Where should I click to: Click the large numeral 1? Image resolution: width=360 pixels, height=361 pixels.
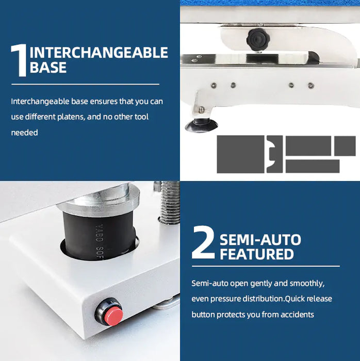[x=19, y=60]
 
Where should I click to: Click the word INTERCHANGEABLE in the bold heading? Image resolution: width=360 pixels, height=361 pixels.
[x=99, y=53]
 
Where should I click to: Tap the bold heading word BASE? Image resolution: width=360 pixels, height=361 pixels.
[x=48, y=68]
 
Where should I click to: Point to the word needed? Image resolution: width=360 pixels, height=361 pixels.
[x=24, y=133]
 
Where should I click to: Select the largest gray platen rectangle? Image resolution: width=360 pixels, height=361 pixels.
[x=240, y=154]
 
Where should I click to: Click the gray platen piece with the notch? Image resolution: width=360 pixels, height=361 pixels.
[x=274, y=154]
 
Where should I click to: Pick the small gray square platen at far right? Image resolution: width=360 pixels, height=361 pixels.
[x=345, y=145]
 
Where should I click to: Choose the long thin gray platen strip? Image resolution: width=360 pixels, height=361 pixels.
[x=312, y=166]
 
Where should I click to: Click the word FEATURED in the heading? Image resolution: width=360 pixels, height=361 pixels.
[x=256, y=254]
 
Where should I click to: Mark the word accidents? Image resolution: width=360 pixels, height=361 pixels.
[x=297, y=315]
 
